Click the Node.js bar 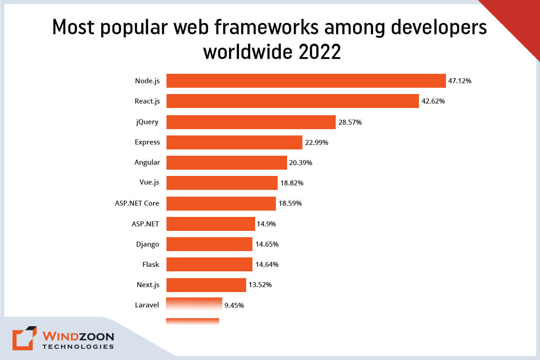click(306, 81)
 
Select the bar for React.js click(292, 101)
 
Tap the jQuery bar click(251, 122)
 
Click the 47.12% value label click(460, 81)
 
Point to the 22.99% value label click(316, 143)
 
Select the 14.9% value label click(267, 224)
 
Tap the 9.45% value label click(234, 305)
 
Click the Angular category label click(147, 162)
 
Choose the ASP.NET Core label click(137, 203)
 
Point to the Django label click(148, 244)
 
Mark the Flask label click(151, 264)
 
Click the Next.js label click(148, 284)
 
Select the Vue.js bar click(222, 183)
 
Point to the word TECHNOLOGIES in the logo click(78, 347)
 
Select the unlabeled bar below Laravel click(193, 321)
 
